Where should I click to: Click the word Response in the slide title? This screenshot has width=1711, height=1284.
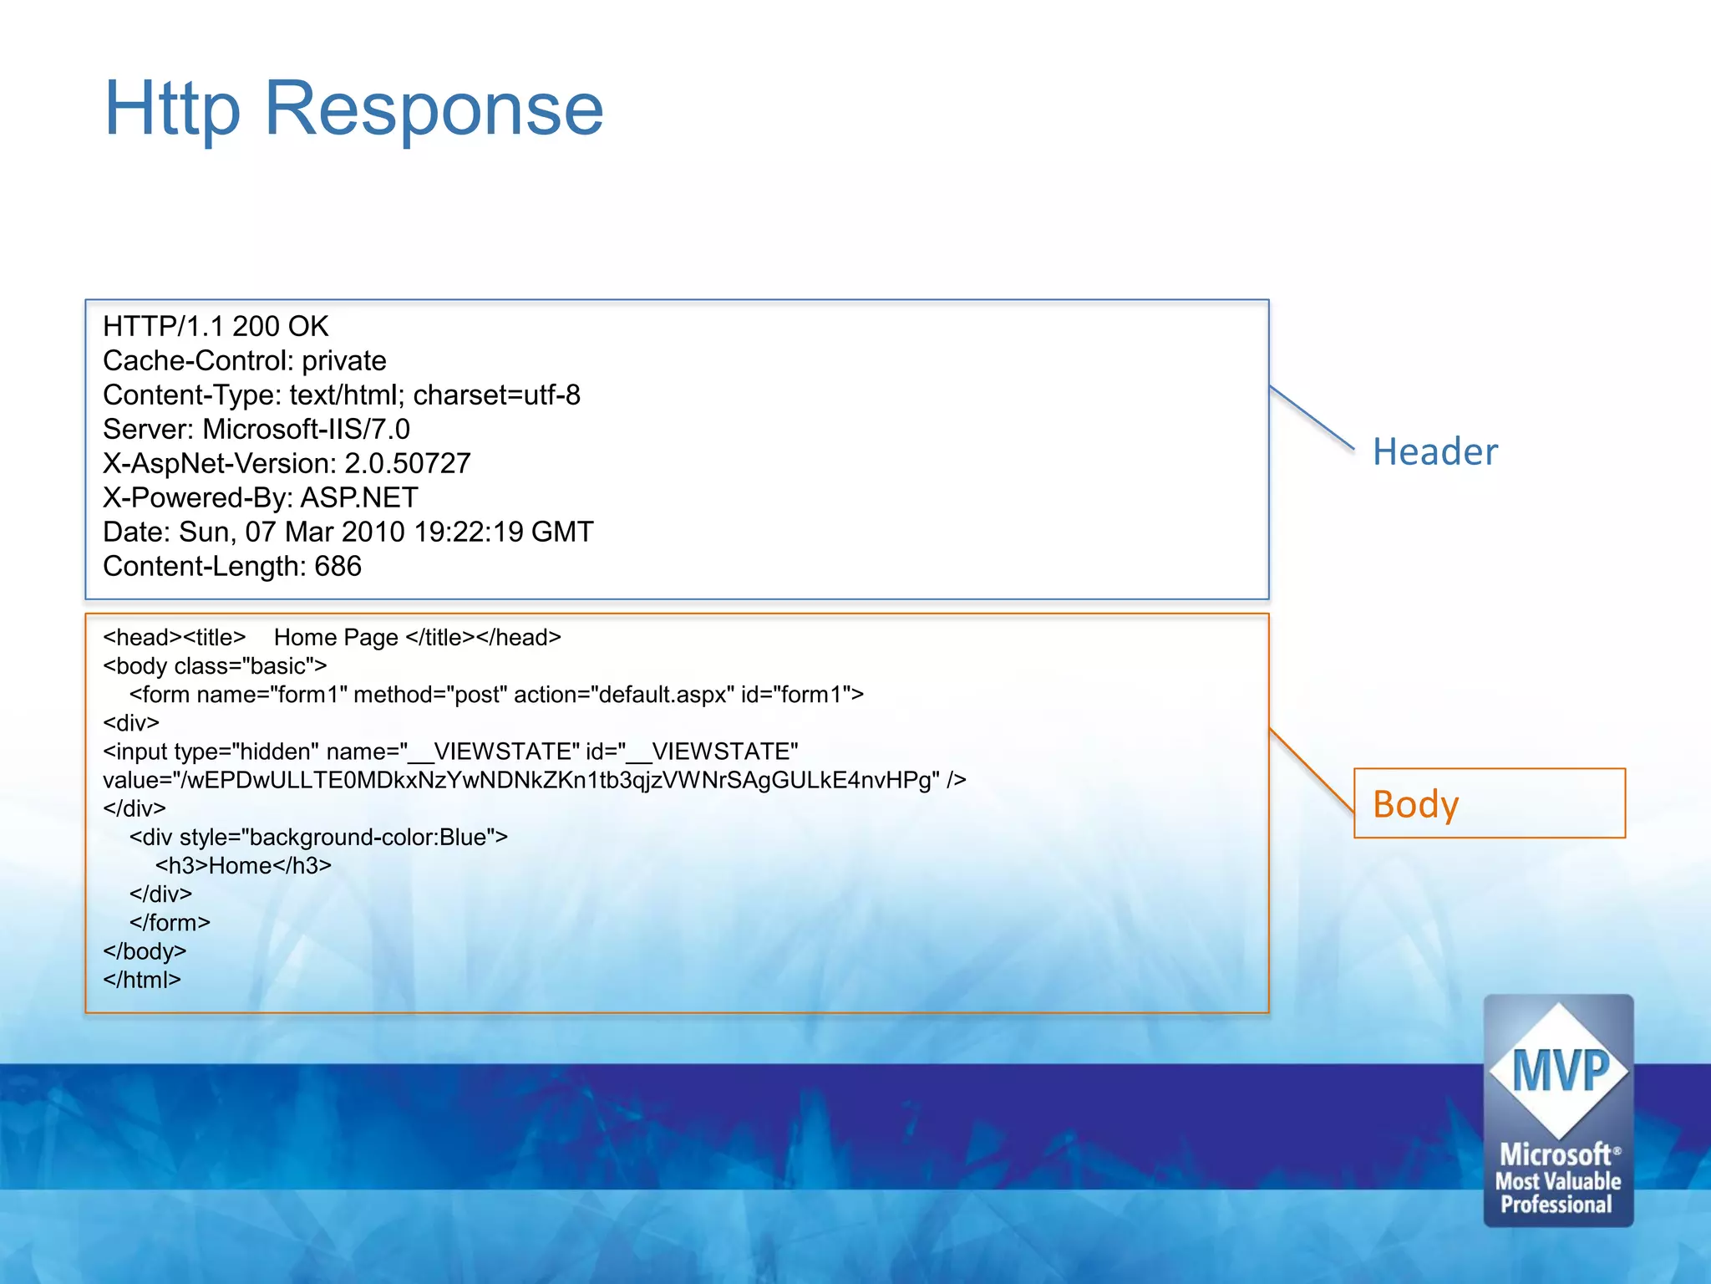coord(434,109)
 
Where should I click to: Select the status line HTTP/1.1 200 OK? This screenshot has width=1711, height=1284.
coord(216,326)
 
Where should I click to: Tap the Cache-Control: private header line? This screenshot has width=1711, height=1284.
coord(244,360)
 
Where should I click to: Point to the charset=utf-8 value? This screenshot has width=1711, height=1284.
coord(496,395)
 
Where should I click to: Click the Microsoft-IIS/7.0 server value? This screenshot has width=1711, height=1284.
coord(306,429)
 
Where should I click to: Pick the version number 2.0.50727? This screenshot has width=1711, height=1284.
coord(408,463)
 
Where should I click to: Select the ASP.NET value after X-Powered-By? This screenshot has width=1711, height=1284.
coord(359,497)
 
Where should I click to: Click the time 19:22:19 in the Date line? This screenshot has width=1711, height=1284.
coord(468,532)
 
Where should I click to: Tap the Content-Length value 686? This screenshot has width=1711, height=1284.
coord(338,566)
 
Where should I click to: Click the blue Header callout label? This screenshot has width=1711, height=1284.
coord(1434,451)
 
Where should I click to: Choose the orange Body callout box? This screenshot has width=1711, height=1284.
coord(1489,803)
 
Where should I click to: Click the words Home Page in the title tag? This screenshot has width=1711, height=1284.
coord(336,637)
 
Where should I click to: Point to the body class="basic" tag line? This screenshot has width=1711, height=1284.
coord(215,665)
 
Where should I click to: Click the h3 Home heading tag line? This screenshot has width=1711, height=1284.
coord(243,865)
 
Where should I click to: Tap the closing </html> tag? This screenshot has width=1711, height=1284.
coord(142,980)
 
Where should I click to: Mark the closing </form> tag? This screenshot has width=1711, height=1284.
coord(170,923)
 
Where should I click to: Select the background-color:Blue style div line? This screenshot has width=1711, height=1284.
coord(318,837)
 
